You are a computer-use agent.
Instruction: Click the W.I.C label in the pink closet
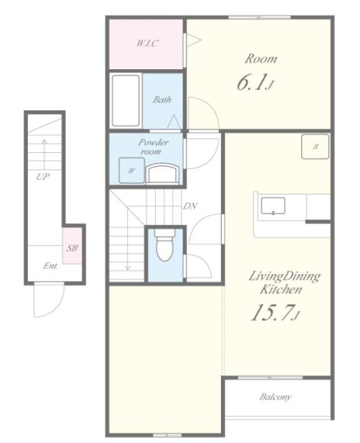click(147, 43)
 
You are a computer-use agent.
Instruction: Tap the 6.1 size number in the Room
click(251, 82)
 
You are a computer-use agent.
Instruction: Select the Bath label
click(162, 100)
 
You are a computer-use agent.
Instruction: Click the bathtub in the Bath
click(126, 100)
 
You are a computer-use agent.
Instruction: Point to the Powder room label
click(153, 147)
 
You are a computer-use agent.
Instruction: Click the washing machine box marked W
click(132, 170)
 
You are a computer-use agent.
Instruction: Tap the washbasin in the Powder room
click(163, 174)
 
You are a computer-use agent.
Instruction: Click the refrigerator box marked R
click(315, 147)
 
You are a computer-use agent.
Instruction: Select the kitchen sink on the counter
click(273, 206)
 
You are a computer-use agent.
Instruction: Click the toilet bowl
click(165, 244)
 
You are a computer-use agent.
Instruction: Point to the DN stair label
click(190, 206)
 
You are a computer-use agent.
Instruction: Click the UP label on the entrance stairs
click(43, 177)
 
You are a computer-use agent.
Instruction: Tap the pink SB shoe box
click(72, 246)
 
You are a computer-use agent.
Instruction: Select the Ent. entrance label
click(51, 266)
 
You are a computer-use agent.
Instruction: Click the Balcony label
click(276, 397)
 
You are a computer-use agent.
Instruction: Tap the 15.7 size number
click(272, 313)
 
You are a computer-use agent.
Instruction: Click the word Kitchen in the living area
click(281, 289)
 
